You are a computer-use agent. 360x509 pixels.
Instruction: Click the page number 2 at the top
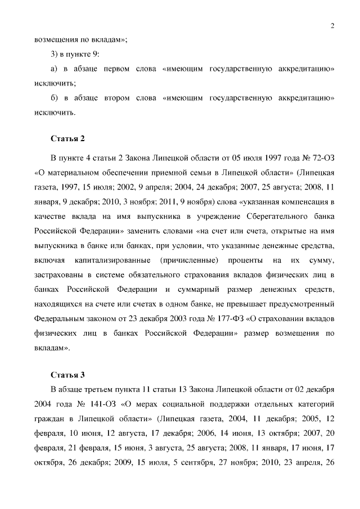[332, 25]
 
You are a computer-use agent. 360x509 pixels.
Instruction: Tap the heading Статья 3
[67, 375]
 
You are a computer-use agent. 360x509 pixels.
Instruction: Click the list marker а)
[55, 69]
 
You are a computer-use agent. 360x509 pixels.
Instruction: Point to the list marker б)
[55, 98]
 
